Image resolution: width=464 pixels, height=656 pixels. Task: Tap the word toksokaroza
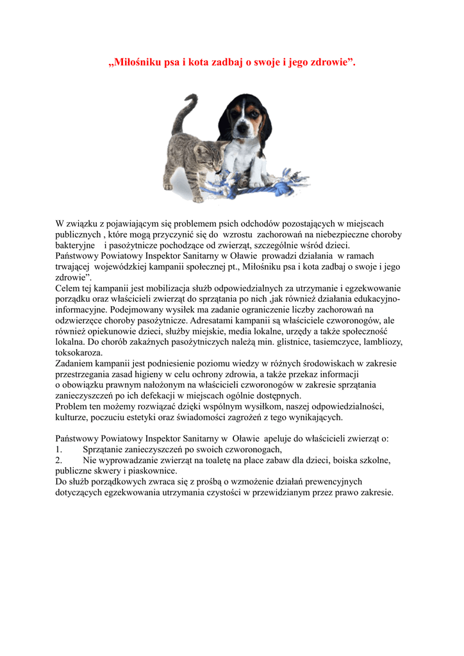79,352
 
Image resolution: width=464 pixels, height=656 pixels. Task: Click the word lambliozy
379,342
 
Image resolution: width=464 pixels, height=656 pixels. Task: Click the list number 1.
58,450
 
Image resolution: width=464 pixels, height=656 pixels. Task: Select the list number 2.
58,460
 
